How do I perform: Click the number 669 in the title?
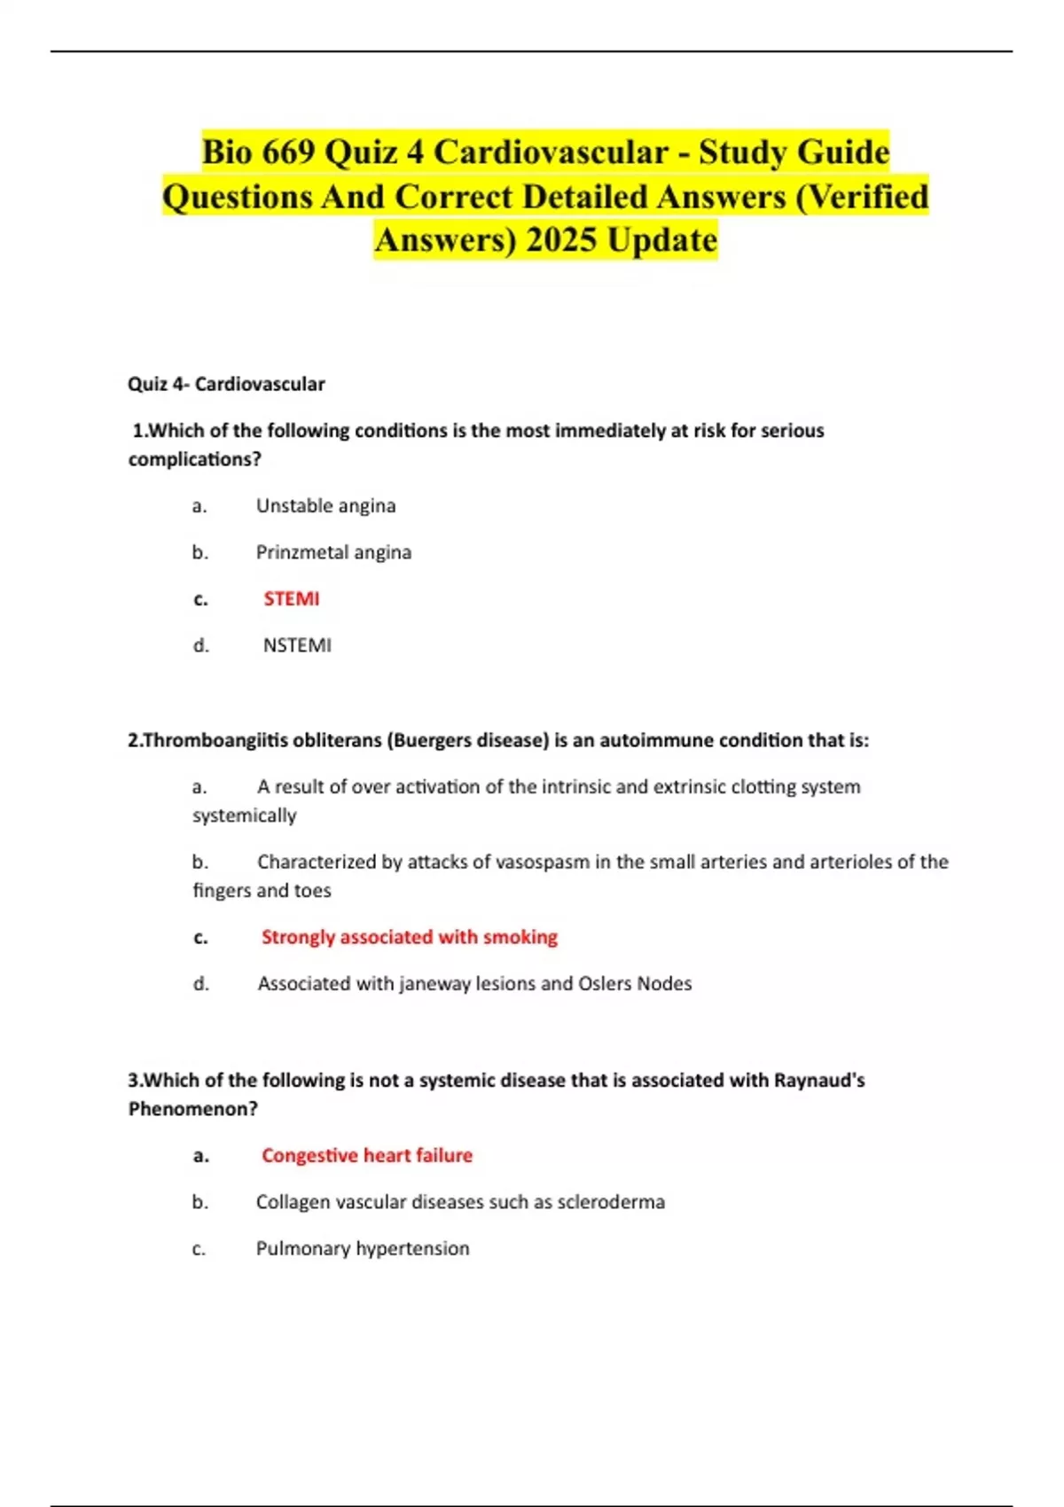coord(284,152)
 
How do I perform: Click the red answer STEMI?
coord(291,598)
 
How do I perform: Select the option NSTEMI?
coord(297,645)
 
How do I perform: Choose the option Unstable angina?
coord(325,505)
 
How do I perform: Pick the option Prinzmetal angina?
coord(333,552)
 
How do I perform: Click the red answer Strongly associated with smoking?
coord(409,937)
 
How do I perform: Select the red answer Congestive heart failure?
coord(366,1155)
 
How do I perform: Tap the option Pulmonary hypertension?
coord(363,1248)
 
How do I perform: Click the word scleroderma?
coord(611,1202)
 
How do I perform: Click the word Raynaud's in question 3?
coord(819,1080)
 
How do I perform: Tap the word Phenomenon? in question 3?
coord(192,1109)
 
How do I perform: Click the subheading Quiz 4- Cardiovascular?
coord(226,384)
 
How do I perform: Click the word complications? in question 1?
coord(194,459)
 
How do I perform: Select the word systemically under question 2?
coord(244,816)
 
